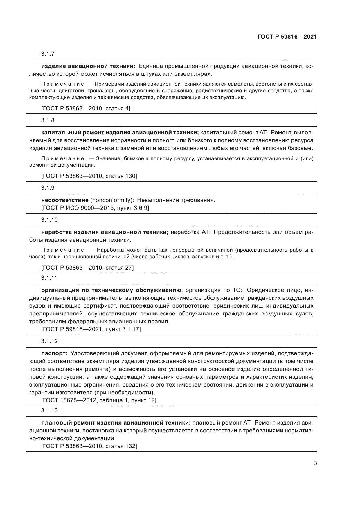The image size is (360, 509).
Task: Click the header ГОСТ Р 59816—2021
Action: (x=287, y=37)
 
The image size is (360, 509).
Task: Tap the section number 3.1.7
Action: (x=48, y=54)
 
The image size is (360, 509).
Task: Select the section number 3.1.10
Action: (x=49, y=220)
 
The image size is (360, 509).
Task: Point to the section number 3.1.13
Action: (x=49, y=410)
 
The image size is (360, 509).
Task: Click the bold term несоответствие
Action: (x=65, y=200)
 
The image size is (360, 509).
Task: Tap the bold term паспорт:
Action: (x=54, y=353)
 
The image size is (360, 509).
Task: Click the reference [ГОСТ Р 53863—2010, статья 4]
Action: (x=86, y=109)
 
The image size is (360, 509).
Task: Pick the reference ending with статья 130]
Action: (x=89, y=176)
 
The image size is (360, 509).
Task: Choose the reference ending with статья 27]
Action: (x=87, y=268)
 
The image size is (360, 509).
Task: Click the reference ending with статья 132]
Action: (x=89, y=446)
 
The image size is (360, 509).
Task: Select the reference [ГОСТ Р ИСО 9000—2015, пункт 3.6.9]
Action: (x=95, y=208)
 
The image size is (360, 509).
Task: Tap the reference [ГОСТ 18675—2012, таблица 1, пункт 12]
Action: (x=99, y=400)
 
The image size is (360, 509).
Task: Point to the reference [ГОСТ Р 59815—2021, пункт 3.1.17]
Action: (x=91, y=329)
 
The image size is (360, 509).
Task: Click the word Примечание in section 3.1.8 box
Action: (x=63, y=159)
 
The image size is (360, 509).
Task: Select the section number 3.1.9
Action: (x=48, y=188)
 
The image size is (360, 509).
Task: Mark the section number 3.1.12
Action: (x=49, y=341)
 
